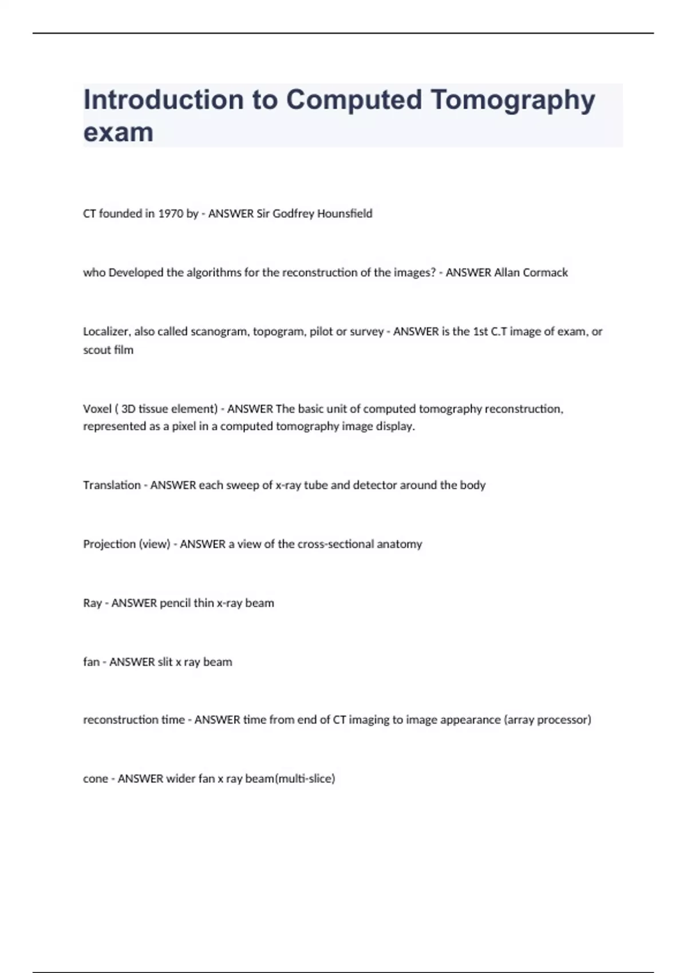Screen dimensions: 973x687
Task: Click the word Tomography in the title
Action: pos(512,100)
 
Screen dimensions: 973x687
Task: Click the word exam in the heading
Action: pos(119,132)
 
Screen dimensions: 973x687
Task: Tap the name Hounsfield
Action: pos(345,213)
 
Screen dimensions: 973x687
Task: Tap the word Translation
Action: pos(112,485)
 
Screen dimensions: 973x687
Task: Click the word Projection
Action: pos(109,544)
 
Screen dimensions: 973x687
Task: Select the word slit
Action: pos(165,662)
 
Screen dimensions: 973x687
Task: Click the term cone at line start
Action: pos(95,778)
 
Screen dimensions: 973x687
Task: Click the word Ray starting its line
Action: pos(92,603)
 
